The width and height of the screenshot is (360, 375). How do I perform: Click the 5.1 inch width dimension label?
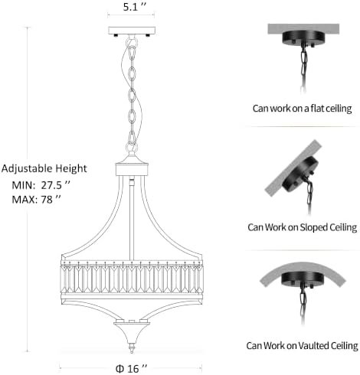135,7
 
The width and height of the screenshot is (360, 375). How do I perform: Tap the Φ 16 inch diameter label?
131,368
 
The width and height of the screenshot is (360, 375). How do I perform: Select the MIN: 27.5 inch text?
41,185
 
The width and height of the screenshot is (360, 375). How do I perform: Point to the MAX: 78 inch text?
36,200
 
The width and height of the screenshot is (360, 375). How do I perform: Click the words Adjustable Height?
44,169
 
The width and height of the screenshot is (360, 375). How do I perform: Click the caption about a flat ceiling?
302,109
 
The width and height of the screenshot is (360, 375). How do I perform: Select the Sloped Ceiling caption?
302,227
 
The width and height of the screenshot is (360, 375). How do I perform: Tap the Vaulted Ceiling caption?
302,346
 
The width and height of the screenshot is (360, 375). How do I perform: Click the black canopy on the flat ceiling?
303,37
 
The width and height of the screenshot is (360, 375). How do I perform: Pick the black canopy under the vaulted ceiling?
302,279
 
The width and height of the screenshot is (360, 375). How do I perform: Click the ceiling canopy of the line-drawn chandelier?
132,31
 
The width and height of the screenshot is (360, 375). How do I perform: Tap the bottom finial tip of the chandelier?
132,352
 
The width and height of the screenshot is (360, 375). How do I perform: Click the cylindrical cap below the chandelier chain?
132,169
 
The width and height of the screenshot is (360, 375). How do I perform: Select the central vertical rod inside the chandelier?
132,219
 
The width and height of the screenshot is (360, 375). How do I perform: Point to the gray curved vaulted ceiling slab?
303,269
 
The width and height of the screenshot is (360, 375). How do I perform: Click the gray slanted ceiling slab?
293,168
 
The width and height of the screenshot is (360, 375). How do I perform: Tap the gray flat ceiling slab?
303,28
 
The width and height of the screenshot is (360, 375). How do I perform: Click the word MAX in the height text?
25,200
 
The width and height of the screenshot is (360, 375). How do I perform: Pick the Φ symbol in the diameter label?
119,369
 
